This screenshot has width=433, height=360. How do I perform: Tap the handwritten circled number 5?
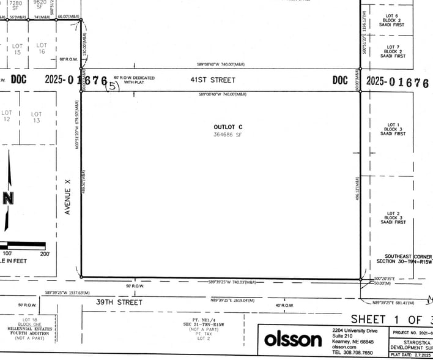pos(113,86)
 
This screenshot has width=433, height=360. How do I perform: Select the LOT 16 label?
pos(41,49)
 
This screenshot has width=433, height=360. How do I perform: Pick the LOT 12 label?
pos(7,116)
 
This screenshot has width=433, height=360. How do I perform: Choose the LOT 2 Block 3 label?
pos(393,215)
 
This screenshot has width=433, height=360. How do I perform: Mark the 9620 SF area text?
pos(40,4)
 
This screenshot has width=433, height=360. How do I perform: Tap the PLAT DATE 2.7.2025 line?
pos(412,354)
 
